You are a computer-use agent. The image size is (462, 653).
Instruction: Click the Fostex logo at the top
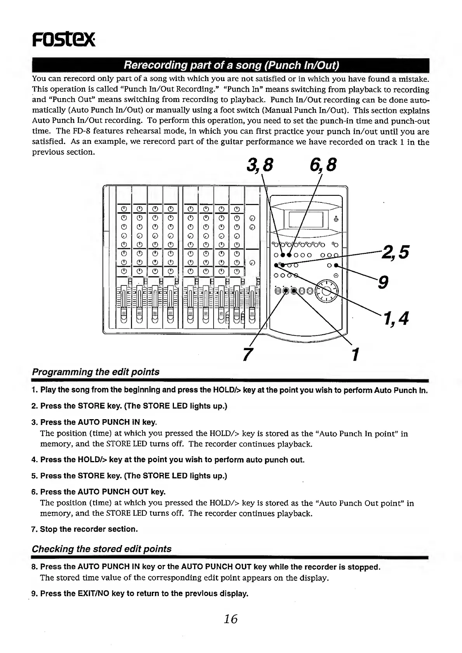[x=63, y=39]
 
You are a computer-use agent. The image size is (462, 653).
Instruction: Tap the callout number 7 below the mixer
[x=245, y=354]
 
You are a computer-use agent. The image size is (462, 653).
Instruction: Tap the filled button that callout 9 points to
[x=336, y=266]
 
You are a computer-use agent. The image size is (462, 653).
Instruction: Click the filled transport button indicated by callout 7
[x=286, y=291]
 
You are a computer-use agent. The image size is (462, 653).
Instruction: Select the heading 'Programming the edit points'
[x=96, y=372]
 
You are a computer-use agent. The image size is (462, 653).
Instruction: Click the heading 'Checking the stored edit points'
[x=101, y=549]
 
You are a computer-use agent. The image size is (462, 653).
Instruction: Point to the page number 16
[x=231, y=619]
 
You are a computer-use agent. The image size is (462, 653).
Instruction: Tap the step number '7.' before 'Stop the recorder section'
[x=35, y=529]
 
